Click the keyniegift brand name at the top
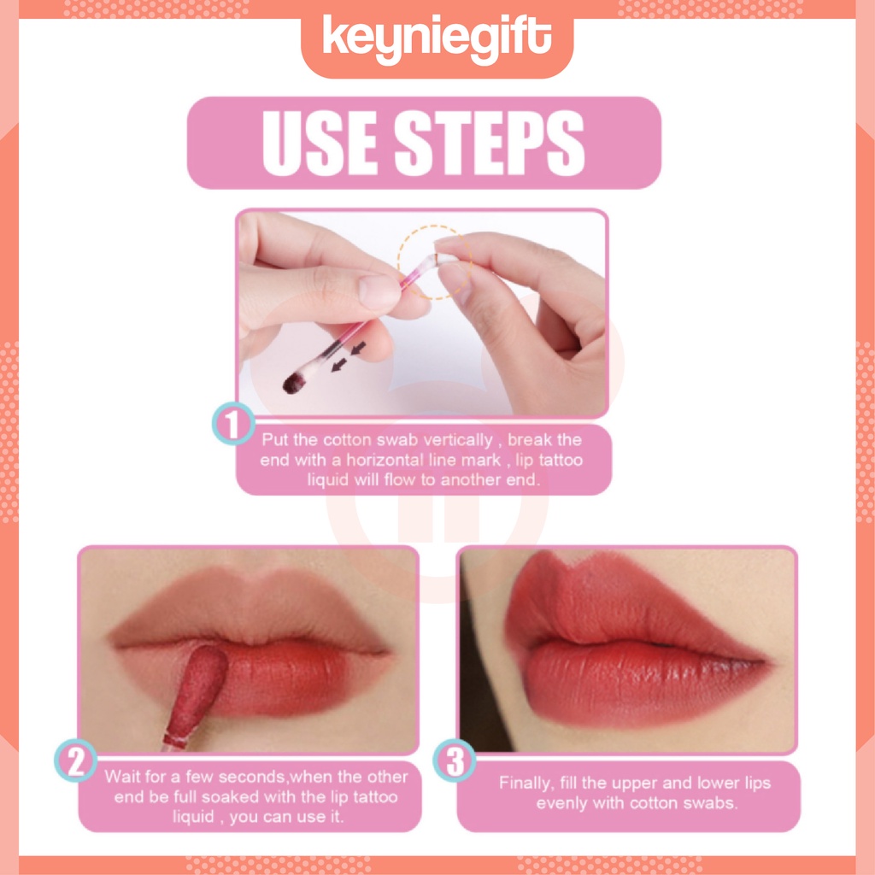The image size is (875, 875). point(437,39)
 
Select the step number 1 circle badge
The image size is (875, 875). point(233,424)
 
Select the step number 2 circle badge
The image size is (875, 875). point(77,761)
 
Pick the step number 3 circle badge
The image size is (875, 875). point(455,761)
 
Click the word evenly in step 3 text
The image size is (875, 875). point(561,803)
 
